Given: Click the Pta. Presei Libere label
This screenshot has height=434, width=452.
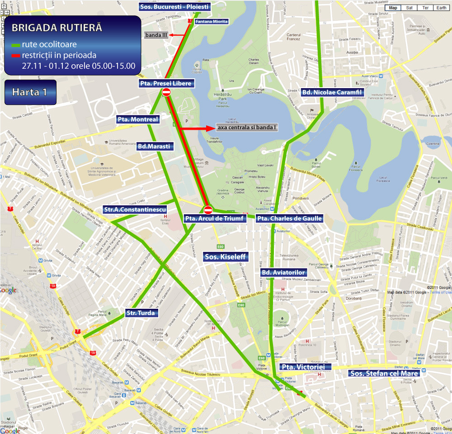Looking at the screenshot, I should tap(166, 83).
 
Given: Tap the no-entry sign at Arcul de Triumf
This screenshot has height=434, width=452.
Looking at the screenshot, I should tap(208, 210).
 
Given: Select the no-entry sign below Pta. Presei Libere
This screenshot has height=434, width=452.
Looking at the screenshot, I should tap(166, 93).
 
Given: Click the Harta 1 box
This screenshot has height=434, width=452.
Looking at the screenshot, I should tap(30, 92).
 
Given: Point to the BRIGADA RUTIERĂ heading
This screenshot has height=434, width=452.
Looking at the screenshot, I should tap(56, 28).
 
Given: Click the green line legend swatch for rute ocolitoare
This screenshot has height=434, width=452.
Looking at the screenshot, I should tap(16, 45).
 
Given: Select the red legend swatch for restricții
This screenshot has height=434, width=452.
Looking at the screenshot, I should tap(16, 55).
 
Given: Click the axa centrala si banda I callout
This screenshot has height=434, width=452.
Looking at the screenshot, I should tap(246, 127).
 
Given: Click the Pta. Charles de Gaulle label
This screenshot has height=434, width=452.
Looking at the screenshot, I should tap(290, 218).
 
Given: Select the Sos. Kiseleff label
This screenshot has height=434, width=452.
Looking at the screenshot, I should tap(225, 257).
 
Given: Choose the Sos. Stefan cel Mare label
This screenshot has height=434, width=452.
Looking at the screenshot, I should tap(385, 373).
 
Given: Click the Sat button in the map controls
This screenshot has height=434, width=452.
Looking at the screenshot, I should tap(409, 8).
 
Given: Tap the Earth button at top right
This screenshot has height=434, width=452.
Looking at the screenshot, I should tap(441, 8).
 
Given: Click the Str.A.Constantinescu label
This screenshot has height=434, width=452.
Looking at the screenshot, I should tap(135, 210).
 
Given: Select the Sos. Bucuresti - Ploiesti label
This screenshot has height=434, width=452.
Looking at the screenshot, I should tap(168, 7).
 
